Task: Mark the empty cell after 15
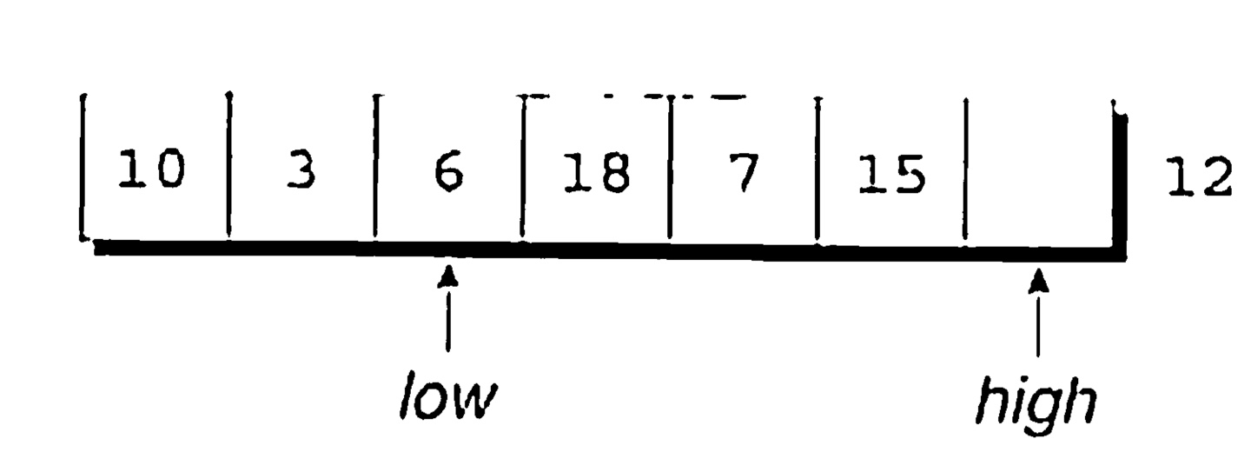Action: pyautogui.click(x=1038, y=174)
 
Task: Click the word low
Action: pyautogui.click(x=447, y=400)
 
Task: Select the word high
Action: pyautogui.click(x=1036, y=402)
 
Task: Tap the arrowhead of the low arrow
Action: pyautogui.click(x=447, y=277)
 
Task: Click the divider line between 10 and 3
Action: pyautogui.click(x=228, y=165)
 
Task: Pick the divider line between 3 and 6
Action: pyautogui.click(x=374, y=165)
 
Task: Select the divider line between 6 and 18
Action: pyautogui.click(x=523, y=165)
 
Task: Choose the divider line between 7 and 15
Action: pyautogui.click(x=817, y=169)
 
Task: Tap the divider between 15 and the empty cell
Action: pyautogui.click(x=965, y=170)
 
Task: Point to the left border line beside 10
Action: pyautogui.click(x=82, y=165)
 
